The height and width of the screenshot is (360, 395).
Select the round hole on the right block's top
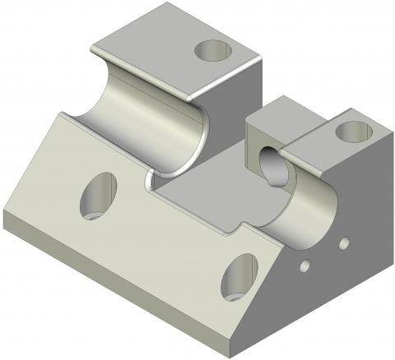click(355, 129)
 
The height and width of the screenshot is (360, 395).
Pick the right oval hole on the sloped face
click(239, 276)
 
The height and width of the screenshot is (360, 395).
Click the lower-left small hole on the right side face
click(305, 265)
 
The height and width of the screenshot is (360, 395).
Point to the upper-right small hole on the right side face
click(344, 242)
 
